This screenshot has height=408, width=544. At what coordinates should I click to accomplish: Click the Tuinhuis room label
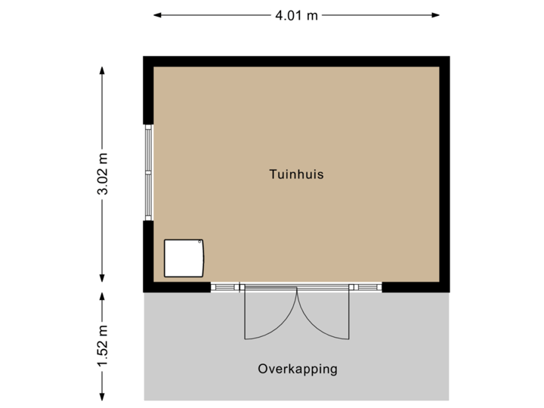click(x=296, y=174)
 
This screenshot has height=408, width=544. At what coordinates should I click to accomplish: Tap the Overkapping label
click(x=297, y=369)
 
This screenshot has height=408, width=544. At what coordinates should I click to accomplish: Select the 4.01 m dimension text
click(x=296, y=14)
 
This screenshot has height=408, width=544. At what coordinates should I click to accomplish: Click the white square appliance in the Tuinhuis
click(x=184, y=258)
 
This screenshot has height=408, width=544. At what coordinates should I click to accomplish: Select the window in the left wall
click(x=148, y=172)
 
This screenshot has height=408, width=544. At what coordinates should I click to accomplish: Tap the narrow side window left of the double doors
click(x=225, y=287)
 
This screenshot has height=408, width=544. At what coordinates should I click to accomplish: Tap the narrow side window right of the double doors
click(x=366, y=287)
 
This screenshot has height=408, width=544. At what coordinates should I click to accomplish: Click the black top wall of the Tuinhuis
click(x=296, y=60)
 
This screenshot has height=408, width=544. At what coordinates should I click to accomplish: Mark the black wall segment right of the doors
click(x=416, y=287)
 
